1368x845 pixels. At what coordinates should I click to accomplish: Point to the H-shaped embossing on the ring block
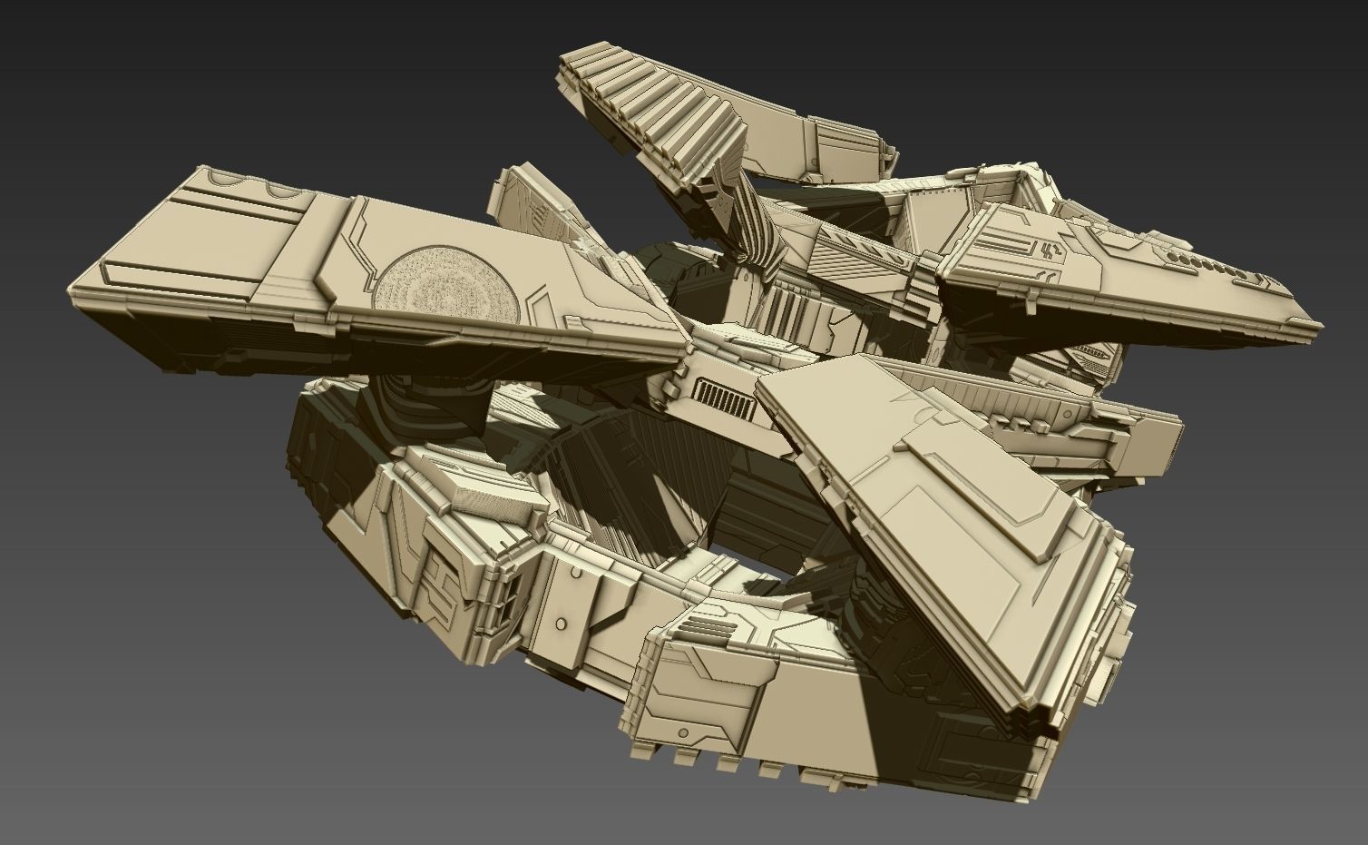point(442,582)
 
